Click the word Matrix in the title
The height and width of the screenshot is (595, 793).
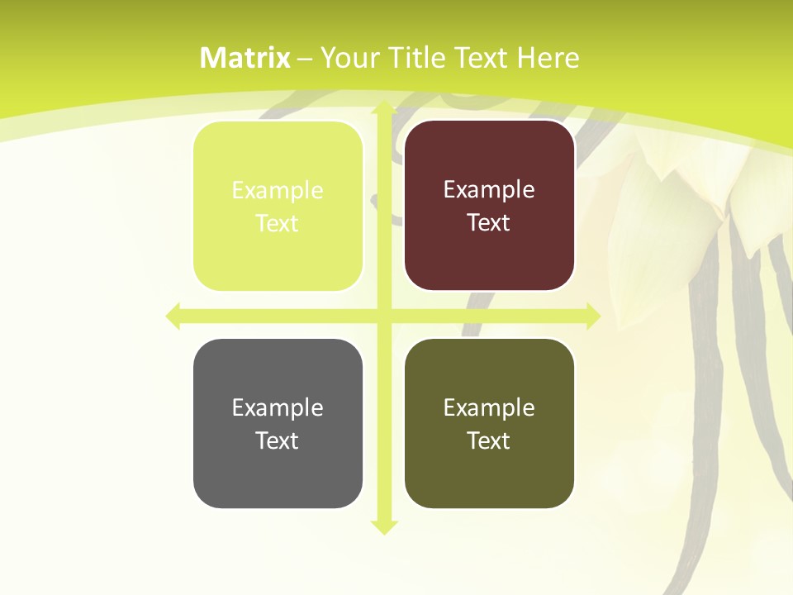245,58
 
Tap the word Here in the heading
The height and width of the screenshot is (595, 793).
548,58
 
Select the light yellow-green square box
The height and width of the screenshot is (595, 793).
278,207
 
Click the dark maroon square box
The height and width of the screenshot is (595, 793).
489,207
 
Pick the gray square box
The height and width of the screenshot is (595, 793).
278,424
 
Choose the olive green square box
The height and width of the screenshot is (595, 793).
489,424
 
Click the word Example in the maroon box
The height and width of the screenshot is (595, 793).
489,190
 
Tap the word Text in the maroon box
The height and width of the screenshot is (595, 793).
489,223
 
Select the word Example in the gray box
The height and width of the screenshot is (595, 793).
278,407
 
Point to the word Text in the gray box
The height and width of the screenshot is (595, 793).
278,440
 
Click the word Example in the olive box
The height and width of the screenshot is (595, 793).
489,407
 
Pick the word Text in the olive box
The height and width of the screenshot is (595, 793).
489,440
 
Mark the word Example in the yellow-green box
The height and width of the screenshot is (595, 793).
278,190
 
